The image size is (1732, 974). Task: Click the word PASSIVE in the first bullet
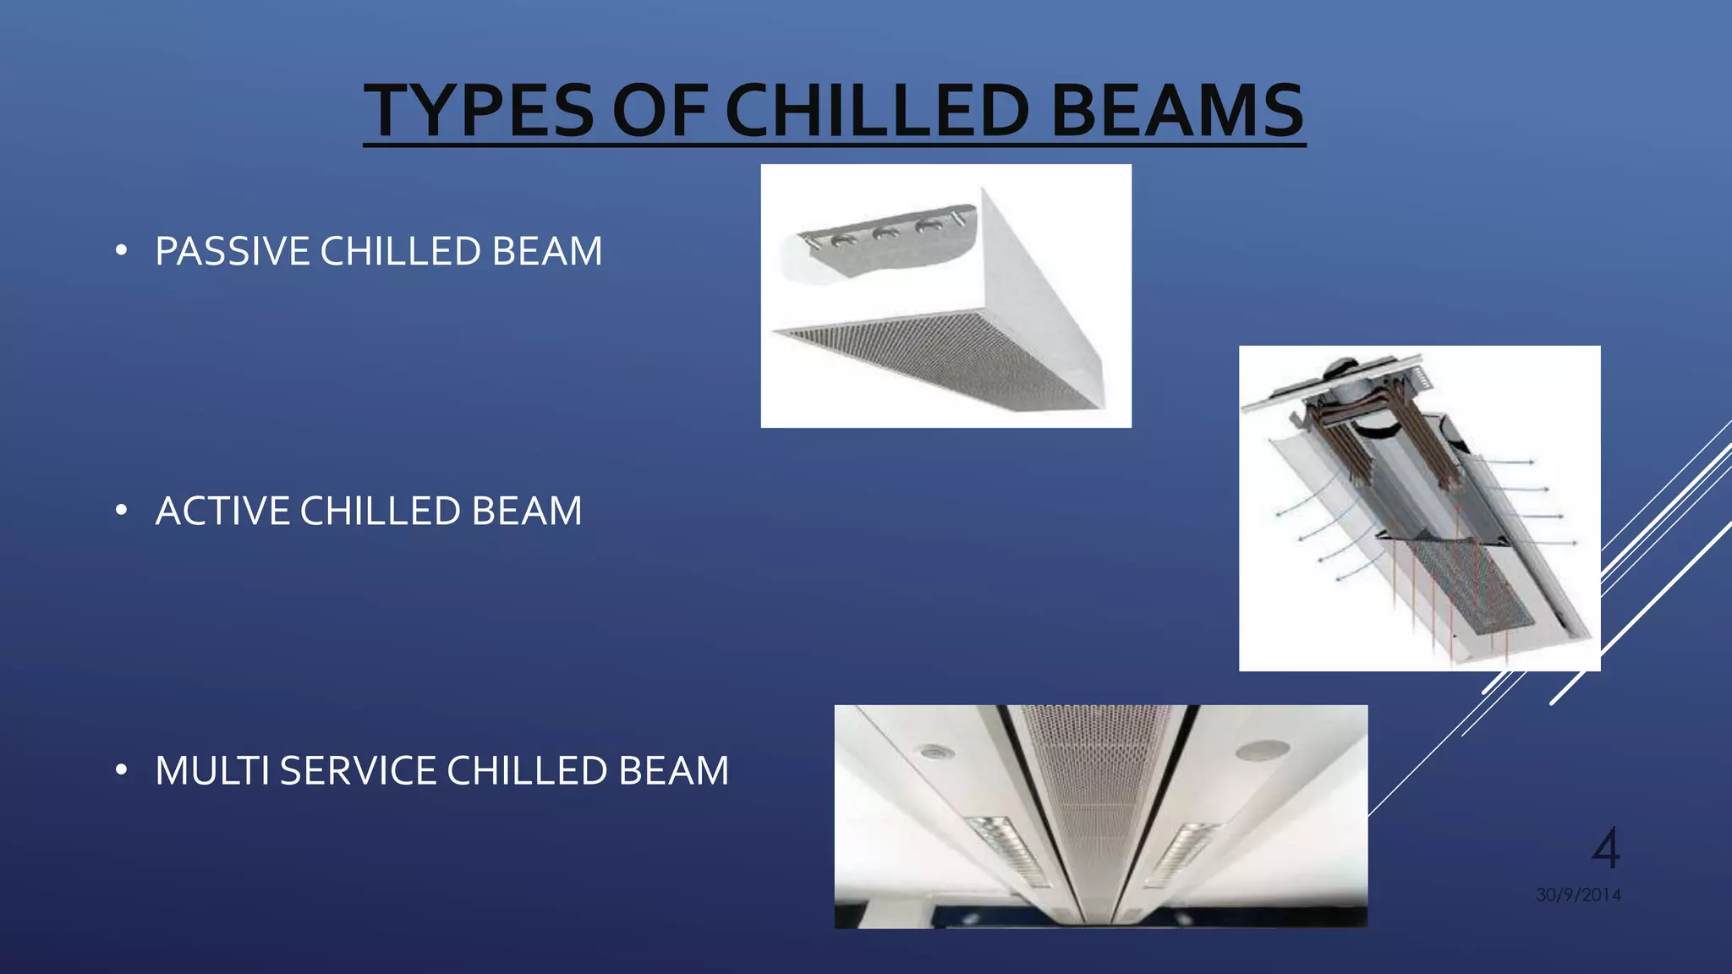pyautogui.click(x=232, y=252)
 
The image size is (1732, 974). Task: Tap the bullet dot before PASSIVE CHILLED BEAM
pyautogui.click(x=122, y=251)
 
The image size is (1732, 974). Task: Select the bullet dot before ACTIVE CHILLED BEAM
pyautogui.click(x=122, y=511)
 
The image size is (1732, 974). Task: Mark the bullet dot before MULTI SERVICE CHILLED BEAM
pyautogui.click(x=122, y=770)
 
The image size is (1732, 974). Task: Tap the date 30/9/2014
pyautogui.click(x=1578, y=895)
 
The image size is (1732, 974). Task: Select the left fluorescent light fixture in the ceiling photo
pyautogui.click(x=1007, y=850)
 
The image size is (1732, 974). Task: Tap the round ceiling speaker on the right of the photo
pyautogui.click(x=1262, y=749)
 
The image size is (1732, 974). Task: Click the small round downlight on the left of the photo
pyautogui.click(x=934, y=752)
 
